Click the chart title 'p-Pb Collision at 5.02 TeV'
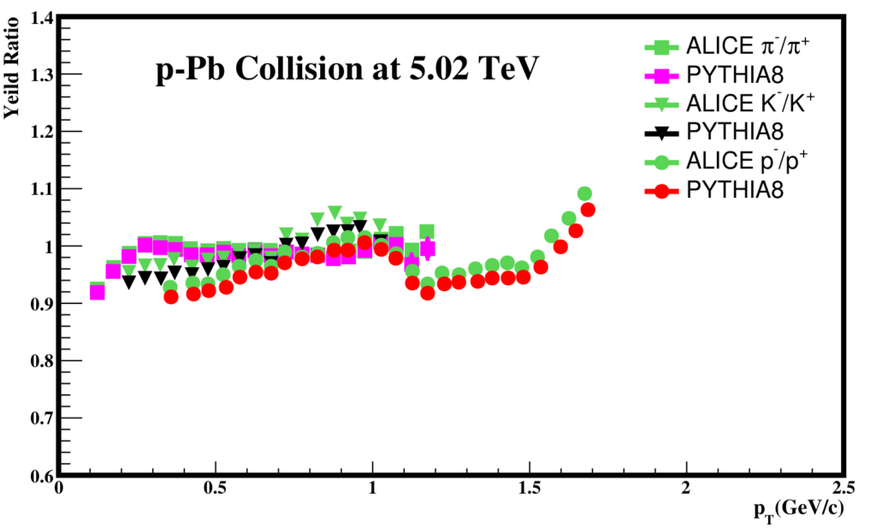(346, 70)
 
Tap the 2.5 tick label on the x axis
(843, 489)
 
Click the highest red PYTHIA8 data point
(588, 211)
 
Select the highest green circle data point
(584, 194)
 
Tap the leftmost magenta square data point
(98, 293)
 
